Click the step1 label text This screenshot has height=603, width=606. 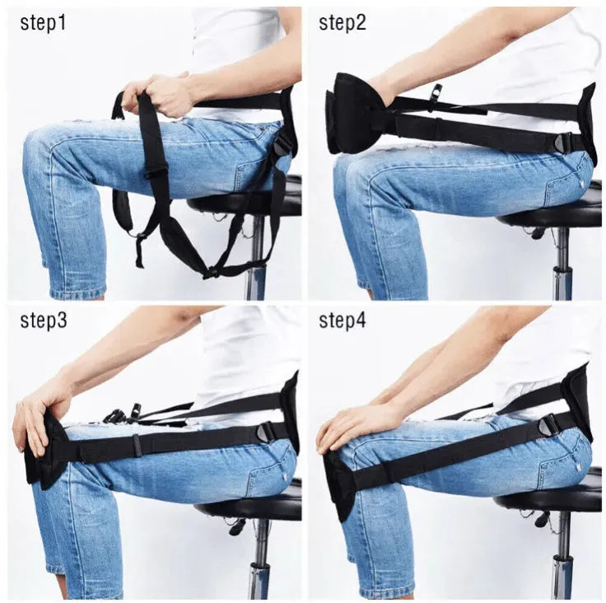(43, 23)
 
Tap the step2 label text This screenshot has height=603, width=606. (343, 23)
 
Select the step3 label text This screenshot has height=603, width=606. (43, 320)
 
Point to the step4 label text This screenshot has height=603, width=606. (343, 320)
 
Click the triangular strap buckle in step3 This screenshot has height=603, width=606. (266, 432)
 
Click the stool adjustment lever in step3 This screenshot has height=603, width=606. (240, 526)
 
